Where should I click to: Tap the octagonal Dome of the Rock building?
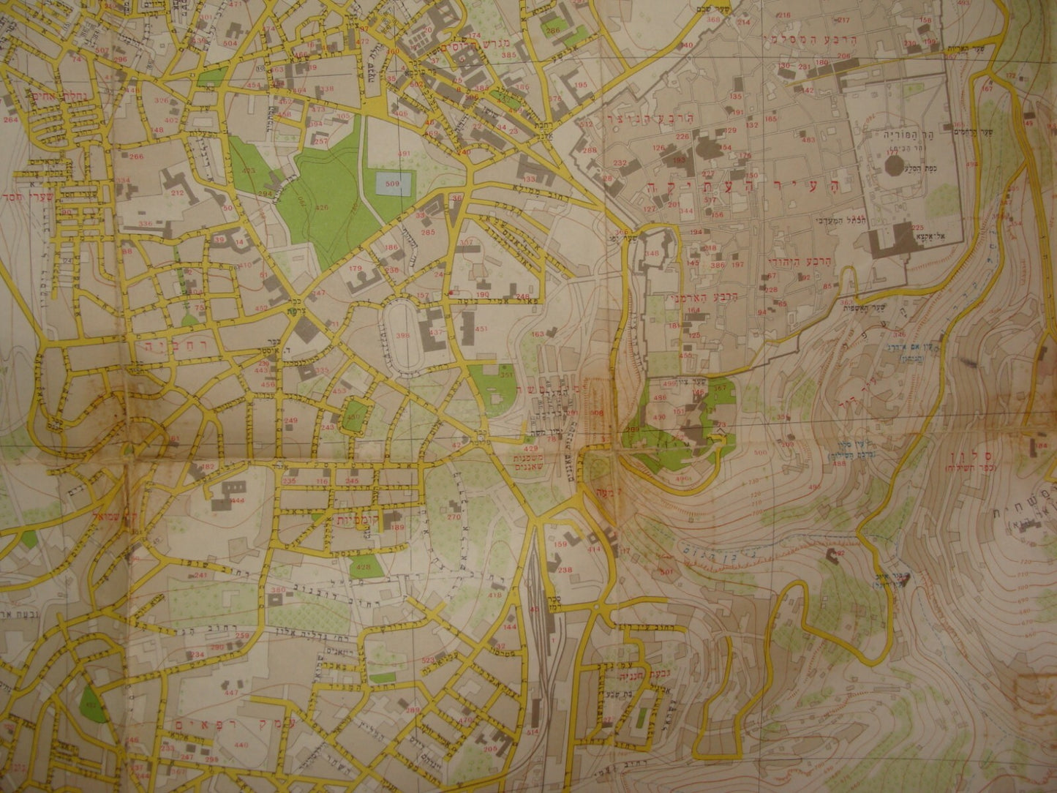895,162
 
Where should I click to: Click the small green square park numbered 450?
356,413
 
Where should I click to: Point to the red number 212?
176,193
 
